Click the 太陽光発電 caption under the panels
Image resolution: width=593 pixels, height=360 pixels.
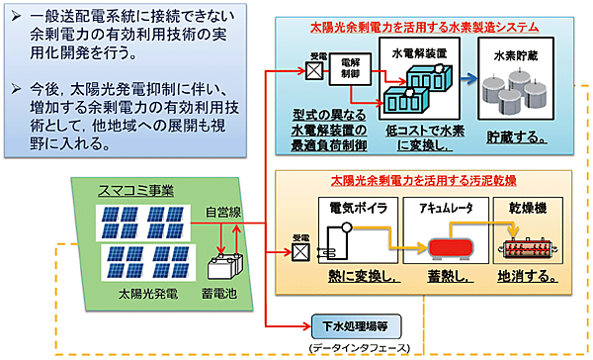pos(146,294)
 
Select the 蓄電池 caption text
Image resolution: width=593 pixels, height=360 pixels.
pos(227,294)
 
